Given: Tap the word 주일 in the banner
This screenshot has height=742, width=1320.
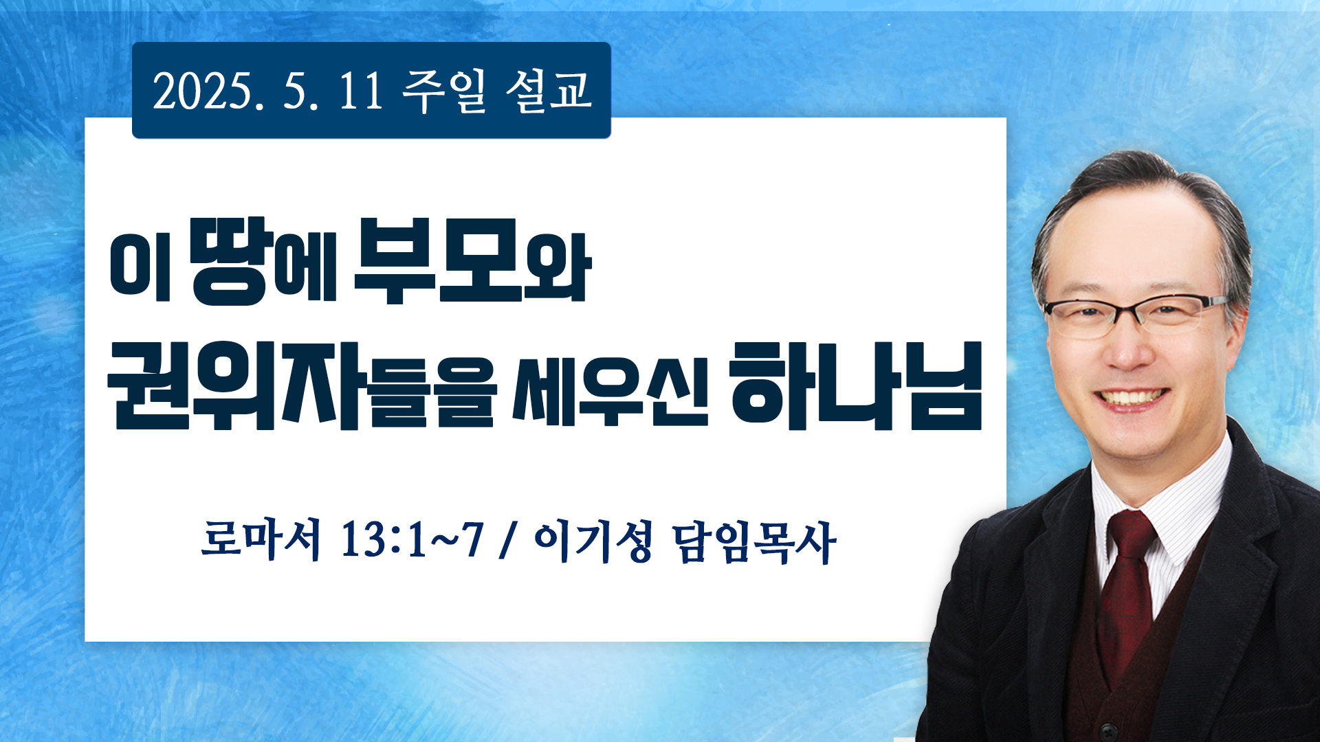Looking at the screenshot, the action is click(x=444, y=91).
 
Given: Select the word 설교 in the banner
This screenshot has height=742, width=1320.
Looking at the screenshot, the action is click(x=548, y=91).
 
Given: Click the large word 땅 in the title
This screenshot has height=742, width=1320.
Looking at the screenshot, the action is click(x=230, y=261).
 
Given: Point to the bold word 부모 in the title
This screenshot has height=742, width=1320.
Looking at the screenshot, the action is click(x=437, y=260).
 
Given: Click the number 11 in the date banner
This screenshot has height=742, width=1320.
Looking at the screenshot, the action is click(x=361, y=91).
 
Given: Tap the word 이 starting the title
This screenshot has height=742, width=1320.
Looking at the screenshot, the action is click(x=140, y=267).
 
